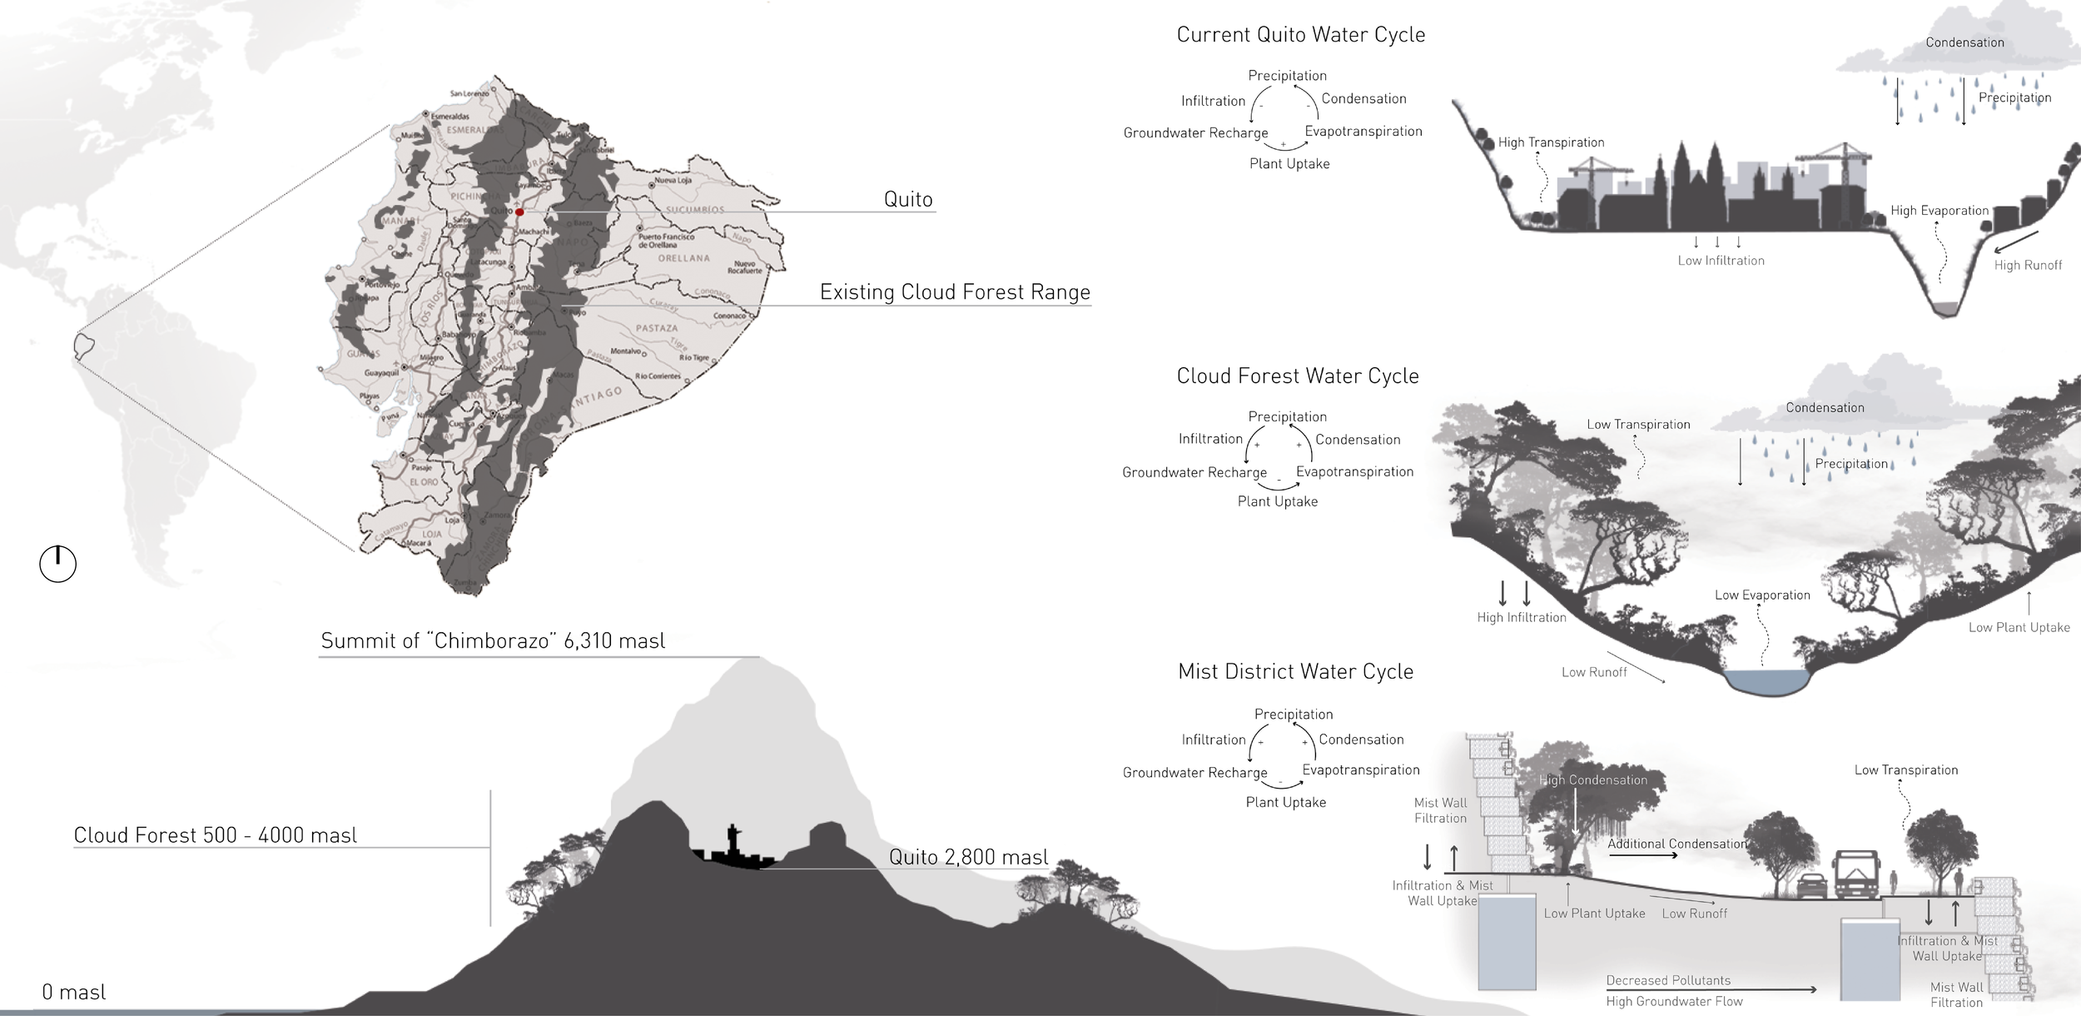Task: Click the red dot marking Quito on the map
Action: click(x=519, y=212)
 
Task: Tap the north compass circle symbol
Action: click(x=58, y=564)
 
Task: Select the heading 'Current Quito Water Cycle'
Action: click(x=1300, y=35)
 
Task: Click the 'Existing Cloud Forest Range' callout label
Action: click(x=955, y=292)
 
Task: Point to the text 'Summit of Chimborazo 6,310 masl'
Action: click(x=493, y=640)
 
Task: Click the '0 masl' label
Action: click(x=74, y=992)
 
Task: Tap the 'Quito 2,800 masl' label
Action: click(x=968, y=857)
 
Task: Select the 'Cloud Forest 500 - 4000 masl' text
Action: click(x=215, y=835)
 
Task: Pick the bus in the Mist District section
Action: click(x=1855, y=874)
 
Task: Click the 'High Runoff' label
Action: click(x=2028, y=265)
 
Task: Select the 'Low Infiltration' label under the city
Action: click(x=1721, y=261)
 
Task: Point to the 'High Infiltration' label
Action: click(x=1522, y=617)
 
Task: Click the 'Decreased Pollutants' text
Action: click(x=1668, y=980)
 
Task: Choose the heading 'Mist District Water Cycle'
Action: click(x=1295, y=672)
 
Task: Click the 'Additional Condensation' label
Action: click(x=1676, y=844)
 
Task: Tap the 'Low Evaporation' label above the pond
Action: click(x=1762, y=595)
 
